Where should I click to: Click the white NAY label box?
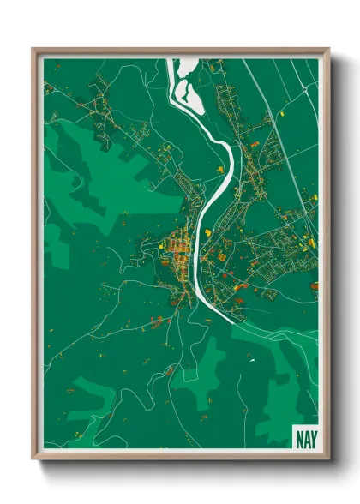304,436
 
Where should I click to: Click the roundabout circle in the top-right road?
303,87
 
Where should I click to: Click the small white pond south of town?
253,357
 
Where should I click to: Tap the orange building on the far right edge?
314,285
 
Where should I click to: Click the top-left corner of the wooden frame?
34,50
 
